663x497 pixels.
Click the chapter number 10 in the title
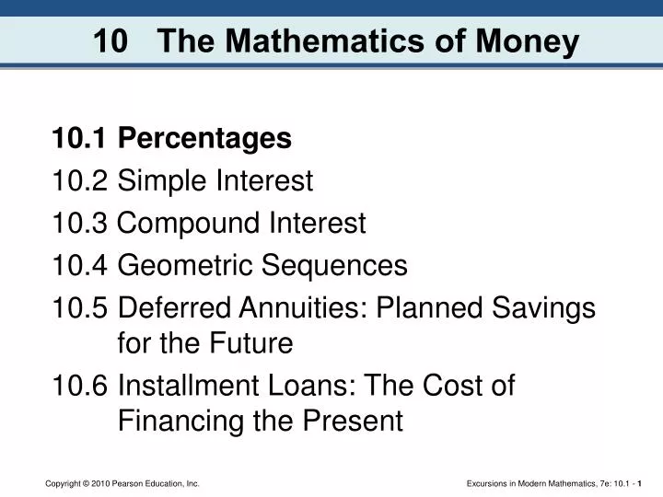tap(111, 42)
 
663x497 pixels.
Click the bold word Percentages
tap(205, 139)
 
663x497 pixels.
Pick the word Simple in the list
tap(163, 181)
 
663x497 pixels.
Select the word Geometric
tap(188, 266)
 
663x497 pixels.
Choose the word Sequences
tap(335, 266)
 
